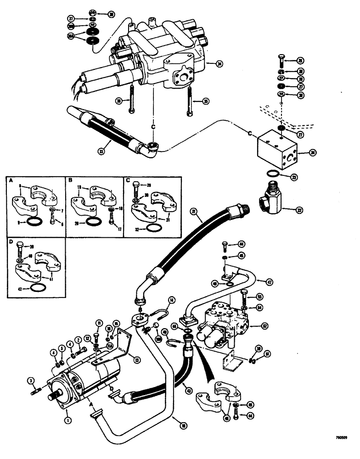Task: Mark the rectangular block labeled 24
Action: click(276, 149)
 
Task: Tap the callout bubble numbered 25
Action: click(300, 61)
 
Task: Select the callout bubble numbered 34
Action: click(220, 64)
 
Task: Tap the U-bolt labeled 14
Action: click(153, 314)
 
